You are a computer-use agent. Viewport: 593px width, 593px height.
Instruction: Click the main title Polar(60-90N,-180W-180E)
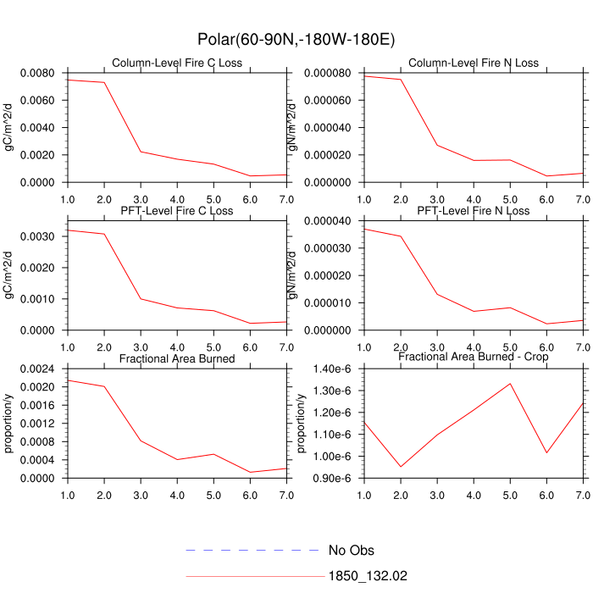click(x=296, y=39)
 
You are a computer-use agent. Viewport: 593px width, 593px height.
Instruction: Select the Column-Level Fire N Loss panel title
click(x=473, y=63)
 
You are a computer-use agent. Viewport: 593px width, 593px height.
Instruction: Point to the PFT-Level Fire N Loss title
click(x=473, y=210)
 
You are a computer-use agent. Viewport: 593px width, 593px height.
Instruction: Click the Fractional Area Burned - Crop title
click(x=473, y=357)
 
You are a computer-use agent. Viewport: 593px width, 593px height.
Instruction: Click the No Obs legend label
click(x=351, y=551)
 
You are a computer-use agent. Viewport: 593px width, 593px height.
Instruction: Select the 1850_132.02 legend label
click(x=368, y=576)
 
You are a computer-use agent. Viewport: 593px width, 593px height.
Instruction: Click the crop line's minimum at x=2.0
click(x=401, y=467)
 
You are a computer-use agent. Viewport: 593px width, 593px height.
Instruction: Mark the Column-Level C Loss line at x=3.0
click(x=141, y=152)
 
